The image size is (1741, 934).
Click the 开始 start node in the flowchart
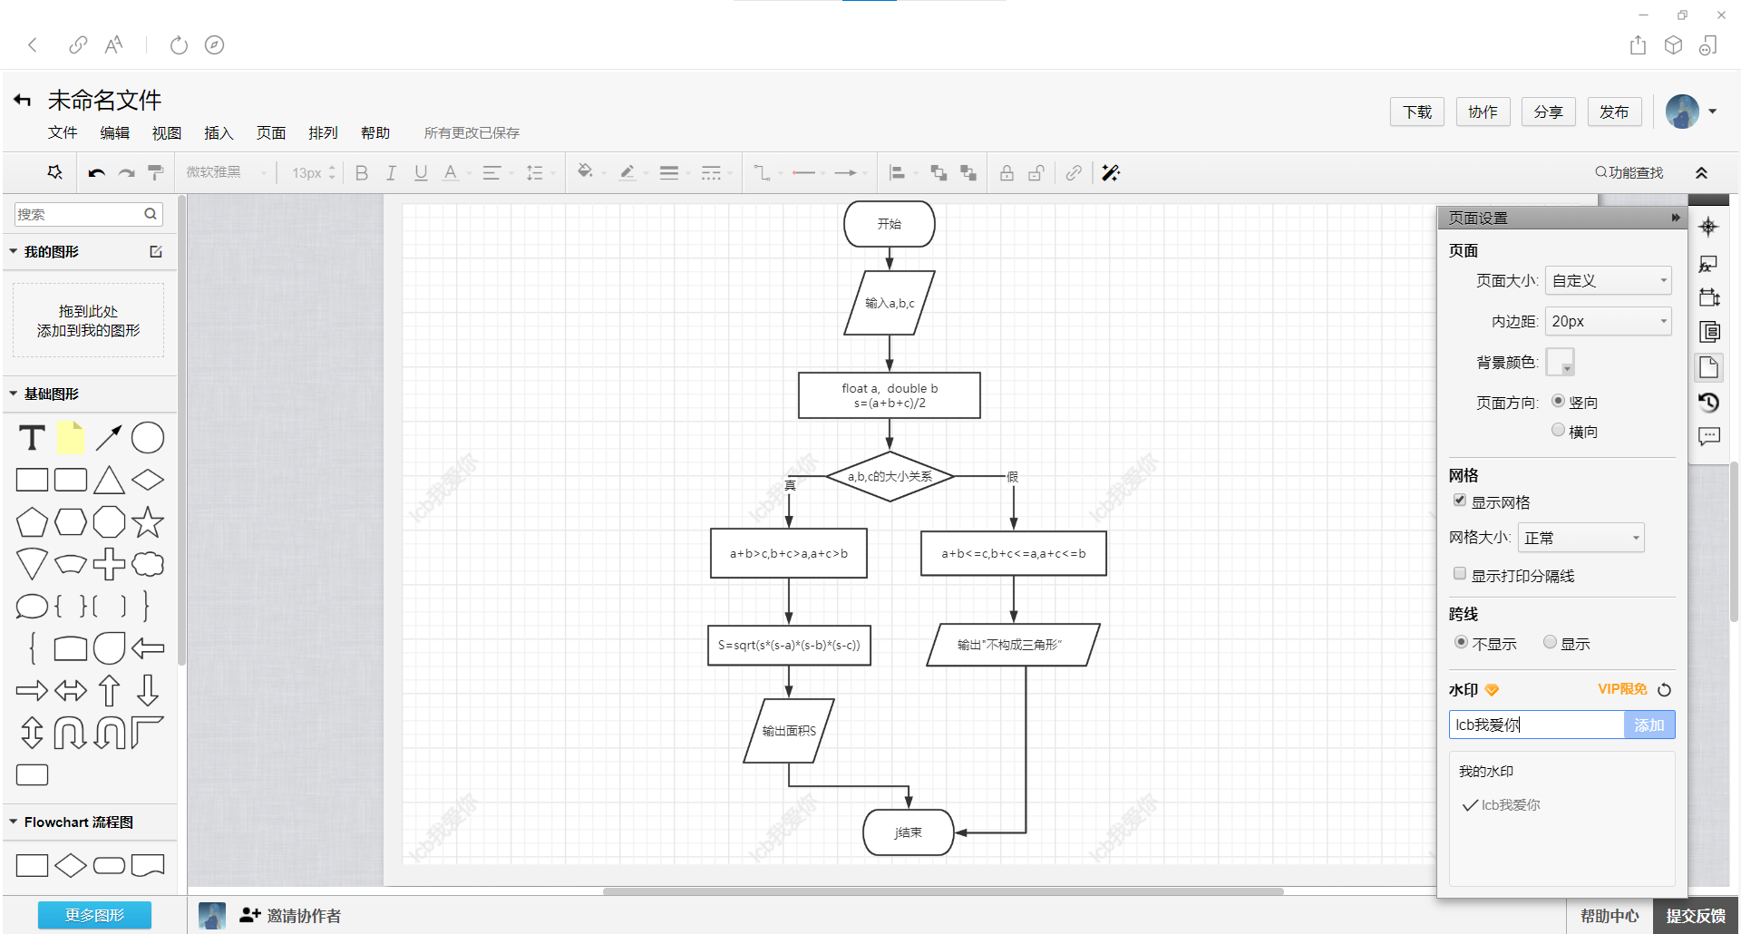[889, 224]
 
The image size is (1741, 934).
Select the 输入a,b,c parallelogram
[889, 303]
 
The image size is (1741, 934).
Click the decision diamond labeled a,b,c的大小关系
[889, 476]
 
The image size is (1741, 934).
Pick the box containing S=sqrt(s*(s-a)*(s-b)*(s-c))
[789, 645]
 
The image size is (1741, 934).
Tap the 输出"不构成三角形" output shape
[1013, 645]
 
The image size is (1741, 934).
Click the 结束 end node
[908, 832]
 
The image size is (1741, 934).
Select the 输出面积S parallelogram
[789, 731]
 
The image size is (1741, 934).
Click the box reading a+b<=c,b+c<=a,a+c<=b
[1013, 553]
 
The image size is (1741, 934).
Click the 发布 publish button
[1613, 112]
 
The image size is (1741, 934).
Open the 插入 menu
[219, 133]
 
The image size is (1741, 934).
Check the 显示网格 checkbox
[1460, 501]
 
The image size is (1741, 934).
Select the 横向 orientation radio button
[1558, 431]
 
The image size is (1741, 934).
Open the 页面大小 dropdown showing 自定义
[1608, 281]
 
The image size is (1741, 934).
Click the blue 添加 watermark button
[1649, 725]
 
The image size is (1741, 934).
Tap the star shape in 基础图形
[148, 522]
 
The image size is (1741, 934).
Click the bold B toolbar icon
[362, 173]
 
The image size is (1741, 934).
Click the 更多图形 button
[94, 915]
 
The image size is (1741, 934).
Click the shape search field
[80, 214]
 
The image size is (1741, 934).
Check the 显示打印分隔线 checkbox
[1460, 574]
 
